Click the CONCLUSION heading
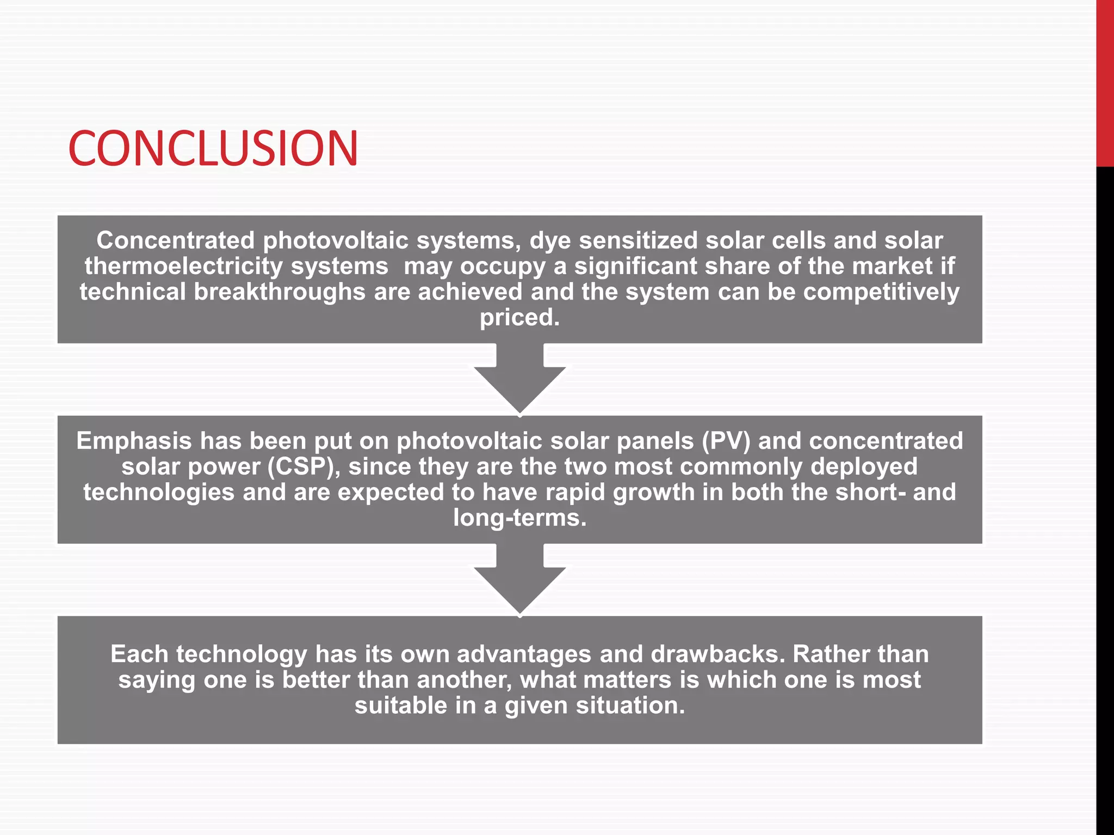click(213, 148)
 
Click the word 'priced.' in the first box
click(519, 317)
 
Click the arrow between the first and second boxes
click(519, 381)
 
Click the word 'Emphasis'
click(133, 441)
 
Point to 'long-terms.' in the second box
click(519, 518)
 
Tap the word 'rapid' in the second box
click(575, 493)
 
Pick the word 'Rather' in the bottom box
click(827, 654)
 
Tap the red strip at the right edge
click(1105, 82)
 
